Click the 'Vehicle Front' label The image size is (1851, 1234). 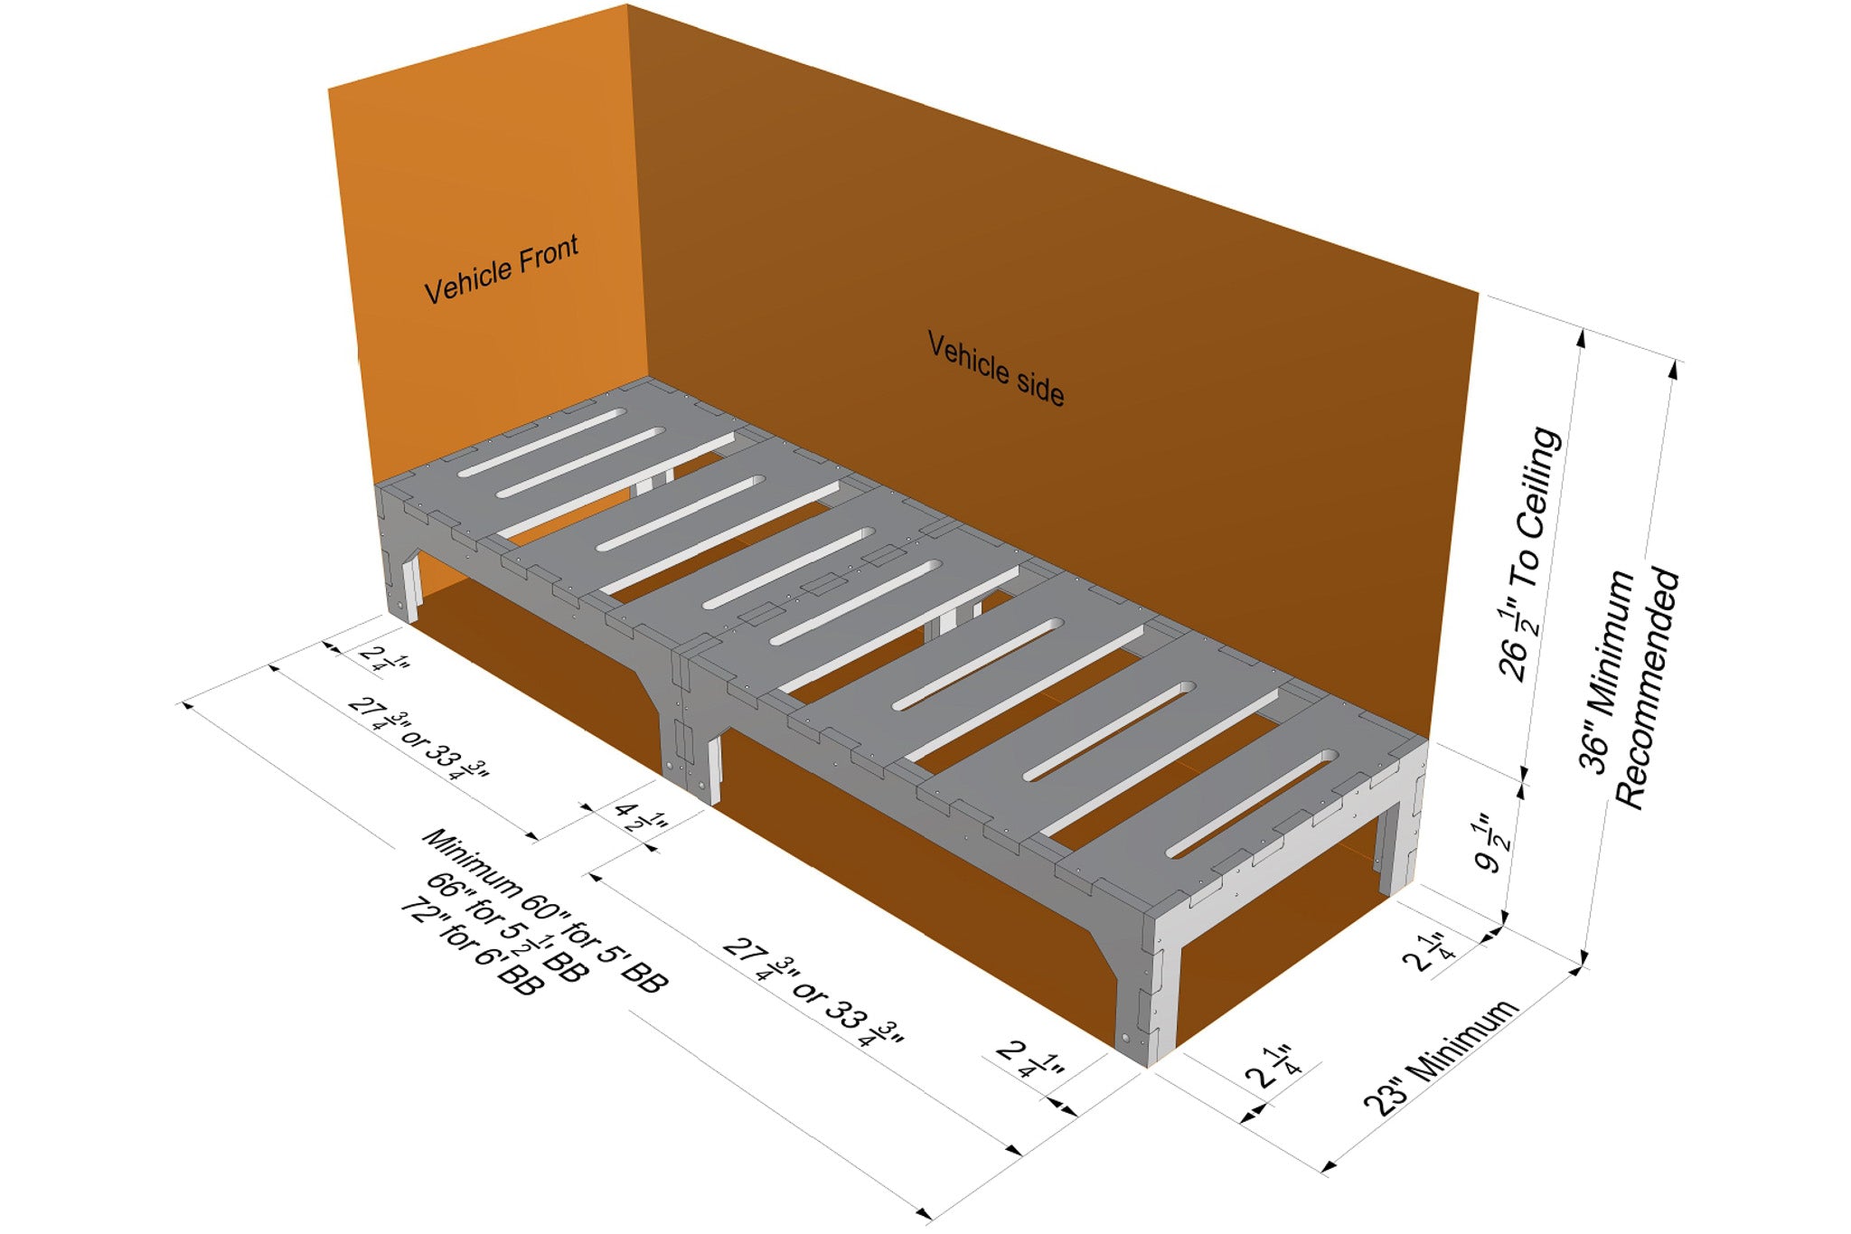(x=502, y=269)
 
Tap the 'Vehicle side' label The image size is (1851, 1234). (x=996, y=369)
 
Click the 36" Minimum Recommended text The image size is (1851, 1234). (x=1630, y=687)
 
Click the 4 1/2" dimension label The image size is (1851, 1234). (x=641, y=815)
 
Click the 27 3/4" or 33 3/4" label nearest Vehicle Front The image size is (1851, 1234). (x=418, y=739)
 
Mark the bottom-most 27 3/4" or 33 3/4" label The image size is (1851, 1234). (x=813, y=991)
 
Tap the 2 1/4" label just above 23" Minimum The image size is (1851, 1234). (x=1273, y=1067)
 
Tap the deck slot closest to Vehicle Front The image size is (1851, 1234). (x=541, y=442)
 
